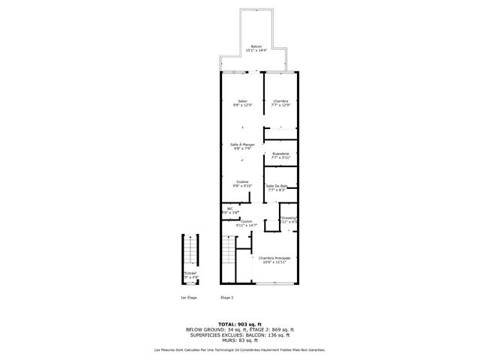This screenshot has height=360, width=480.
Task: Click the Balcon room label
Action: click(x=256, y=49)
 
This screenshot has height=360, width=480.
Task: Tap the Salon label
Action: click(x=242, y=103)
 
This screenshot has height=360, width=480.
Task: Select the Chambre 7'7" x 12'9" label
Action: click(x=280, y=103)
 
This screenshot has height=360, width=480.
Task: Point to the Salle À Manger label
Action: click(x=242, y=146)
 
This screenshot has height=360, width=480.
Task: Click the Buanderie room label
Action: click(x=280, y=155)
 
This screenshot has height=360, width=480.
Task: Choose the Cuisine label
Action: click(x=242, y=183)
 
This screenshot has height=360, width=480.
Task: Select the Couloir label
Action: click(x=246, y=223)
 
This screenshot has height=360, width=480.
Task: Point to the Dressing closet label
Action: click(x=289, y=220)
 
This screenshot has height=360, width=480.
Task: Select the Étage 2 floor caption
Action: click(x=226, y=298)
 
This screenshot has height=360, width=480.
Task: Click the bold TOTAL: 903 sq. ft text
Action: click(x=240, y=324)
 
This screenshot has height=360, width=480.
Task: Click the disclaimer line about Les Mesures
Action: click(x=240, y=349)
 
